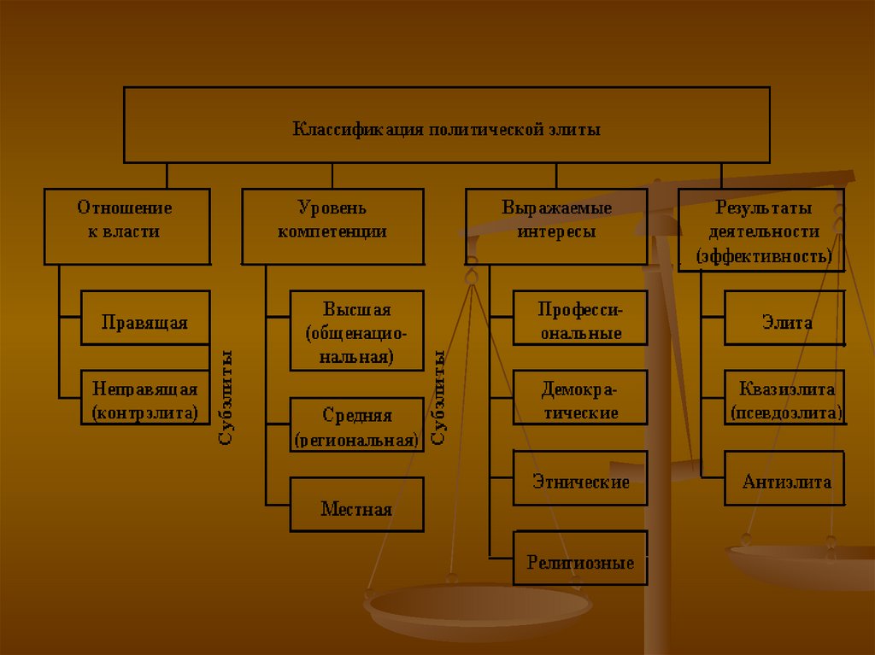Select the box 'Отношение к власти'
coord(126,226)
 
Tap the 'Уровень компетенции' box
coord(332,226)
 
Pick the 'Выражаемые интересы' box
coord(556,226)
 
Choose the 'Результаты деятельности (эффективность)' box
coord(761,231)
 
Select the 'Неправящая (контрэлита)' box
coord(145,401)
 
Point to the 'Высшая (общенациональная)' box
coord(356,330)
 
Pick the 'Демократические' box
coord(580,398)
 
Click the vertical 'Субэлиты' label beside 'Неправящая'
coord(226,396)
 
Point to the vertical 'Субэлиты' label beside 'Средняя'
coord(439,396)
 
